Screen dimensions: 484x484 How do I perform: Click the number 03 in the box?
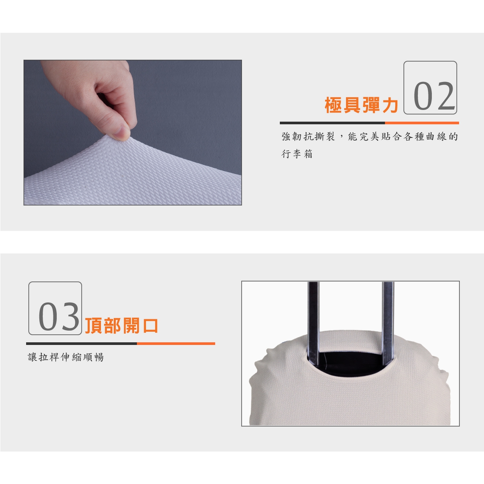point(59,317)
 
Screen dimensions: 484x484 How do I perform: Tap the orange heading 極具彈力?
point(361,105)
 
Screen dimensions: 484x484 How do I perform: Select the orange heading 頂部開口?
point(121,326)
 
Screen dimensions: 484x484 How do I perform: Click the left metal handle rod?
point(313,323)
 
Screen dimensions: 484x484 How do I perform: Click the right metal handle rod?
point(388,323)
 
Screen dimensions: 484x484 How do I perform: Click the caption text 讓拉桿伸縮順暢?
point(66,357)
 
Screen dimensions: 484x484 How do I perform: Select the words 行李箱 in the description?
point(297,154)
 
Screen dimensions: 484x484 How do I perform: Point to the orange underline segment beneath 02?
point(422,123)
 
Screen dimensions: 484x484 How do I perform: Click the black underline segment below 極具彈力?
point(332,123)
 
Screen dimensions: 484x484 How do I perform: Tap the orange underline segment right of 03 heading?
point(176,343)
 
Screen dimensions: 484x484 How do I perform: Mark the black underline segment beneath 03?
point(81,343)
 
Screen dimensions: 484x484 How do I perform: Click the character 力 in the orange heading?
point(390,105)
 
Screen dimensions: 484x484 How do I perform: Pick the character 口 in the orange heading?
point(150,326)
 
